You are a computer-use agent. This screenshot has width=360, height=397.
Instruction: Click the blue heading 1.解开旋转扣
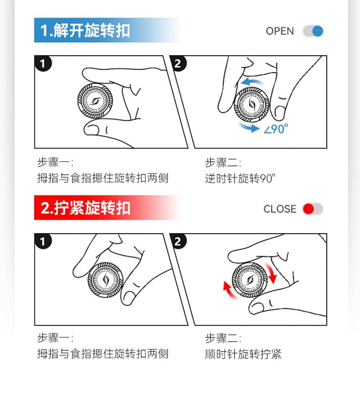pos(85,30)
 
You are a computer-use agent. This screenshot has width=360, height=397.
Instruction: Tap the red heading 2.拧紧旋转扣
pos(85,208)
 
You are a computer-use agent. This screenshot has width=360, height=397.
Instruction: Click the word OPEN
pos(280,31)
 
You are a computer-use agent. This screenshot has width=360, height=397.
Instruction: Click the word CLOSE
pos(280,209)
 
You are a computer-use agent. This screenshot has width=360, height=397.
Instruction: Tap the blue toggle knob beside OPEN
pos(318,31)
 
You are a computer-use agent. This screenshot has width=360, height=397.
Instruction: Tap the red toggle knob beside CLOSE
pos(308,209)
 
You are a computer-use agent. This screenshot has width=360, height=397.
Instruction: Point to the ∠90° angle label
pos(276,129)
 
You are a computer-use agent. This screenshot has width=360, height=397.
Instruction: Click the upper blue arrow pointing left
pos(251,82)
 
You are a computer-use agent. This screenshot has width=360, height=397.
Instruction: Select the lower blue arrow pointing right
pos(249,127)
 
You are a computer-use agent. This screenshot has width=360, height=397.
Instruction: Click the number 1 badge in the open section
pos(43,63)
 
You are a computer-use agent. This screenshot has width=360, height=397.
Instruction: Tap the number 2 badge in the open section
pos(178,63)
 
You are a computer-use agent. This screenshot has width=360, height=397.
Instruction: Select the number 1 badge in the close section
pos(43,241)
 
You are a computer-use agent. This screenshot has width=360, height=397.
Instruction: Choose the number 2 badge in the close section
pos(178,241)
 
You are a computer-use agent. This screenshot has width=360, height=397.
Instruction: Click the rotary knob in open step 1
pos(95,101)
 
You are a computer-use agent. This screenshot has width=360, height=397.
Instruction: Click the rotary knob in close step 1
pos(106,280)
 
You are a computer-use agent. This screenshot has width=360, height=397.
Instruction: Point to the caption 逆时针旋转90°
pos(240,179)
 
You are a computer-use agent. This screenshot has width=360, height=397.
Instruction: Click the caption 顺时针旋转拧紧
pos(243,354)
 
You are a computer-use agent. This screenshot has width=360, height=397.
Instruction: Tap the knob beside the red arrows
pos(250,280)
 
